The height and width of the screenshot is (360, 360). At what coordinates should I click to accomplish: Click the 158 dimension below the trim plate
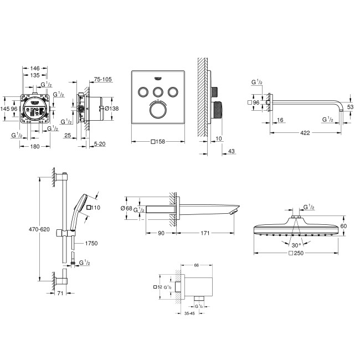coord(160,141)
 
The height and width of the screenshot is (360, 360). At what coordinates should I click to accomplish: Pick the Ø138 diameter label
coord(113,109)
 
